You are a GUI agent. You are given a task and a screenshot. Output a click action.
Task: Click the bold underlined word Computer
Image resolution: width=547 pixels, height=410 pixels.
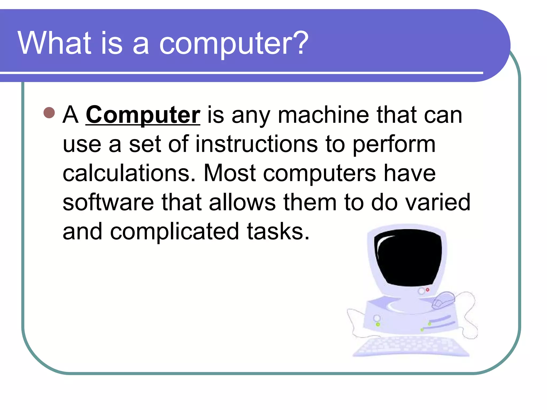tap(143, 115)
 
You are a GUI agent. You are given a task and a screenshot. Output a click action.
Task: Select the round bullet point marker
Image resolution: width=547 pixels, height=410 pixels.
tap(49, 113)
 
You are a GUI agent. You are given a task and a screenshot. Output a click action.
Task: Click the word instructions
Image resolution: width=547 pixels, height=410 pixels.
tap(256, 144)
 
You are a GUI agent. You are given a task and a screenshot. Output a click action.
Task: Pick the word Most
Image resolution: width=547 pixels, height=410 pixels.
tap(230, 174)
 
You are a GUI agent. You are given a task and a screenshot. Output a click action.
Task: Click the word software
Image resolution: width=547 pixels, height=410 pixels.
tap(108, 202)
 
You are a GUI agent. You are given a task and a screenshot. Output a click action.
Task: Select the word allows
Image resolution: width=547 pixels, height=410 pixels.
tap(242, 202)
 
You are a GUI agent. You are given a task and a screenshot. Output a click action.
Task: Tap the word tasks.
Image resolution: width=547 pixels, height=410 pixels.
tap(278, 231)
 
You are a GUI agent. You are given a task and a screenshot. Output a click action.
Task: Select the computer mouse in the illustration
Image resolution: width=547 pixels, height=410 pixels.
tap(443, 300)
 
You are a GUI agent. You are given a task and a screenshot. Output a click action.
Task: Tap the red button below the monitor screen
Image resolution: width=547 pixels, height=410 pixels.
tap(428, 290)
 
